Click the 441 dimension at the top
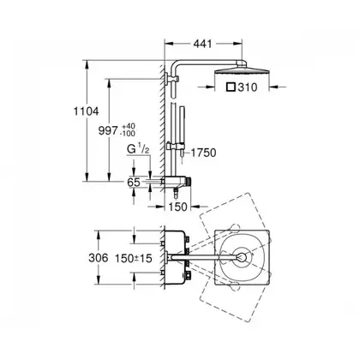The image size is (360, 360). coord(203,44)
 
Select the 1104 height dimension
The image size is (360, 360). coord(87,111)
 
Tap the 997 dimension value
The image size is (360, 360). coord(108,131)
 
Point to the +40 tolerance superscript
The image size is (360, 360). coord(129,127)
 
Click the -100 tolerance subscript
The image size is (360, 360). coord(129,133)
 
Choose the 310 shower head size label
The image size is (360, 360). coord(248,87)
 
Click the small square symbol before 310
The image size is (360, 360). coord(231,87)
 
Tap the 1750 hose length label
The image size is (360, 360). coord(203,153)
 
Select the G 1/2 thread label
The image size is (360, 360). coord(138,149)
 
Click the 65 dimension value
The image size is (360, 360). coord(134,182)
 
